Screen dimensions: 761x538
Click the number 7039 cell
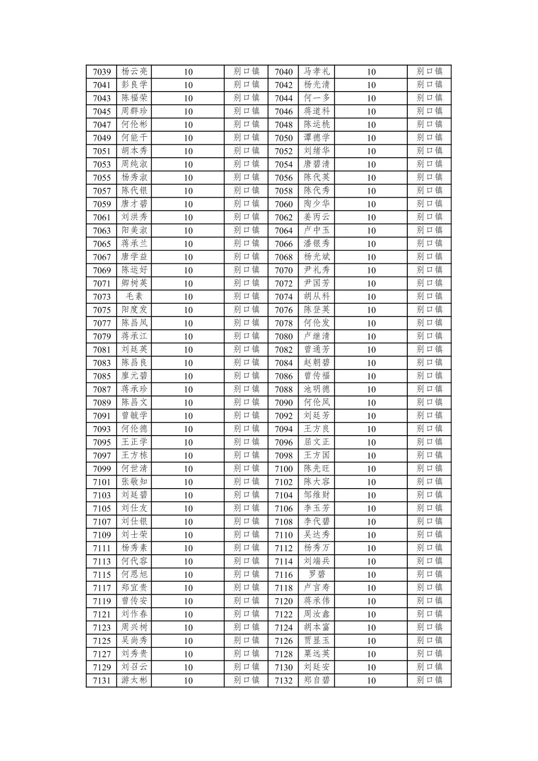[x=102, y=72]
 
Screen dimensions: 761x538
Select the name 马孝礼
[x=317, y=72]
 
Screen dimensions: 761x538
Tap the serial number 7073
[x=102, y=296]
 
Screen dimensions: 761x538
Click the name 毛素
[x=134, y=296]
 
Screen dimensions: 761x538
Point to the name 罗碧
[x=317, y=574]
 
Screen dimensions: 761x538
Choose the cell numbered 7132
[x=284, y=680]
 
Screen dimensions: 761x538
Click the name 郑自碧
[x=317, y=680]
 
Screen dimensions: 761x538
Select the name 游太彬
[x=134, y=680]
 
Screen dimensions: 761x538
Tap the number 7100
[x=284, y=469]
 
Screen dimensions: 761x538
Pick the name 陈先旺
[x=317, y=469]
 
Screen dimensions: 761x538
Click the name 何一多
[x=317, y=98]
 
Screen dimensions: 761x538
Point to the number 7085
[x=102, y=376]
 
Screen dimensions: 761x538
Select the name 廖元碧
[x=134, y=376]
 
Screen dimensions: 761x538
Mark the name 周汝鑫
[x=317, y=614]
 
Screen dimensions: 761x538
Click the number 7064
[x=284, y=230]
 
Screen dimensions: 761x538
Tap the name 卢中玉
[x=317, y=230]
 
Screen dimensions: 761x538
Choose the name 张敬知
[x=134, y=482]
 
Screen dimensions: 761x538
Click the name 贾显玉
[x=317, y=641]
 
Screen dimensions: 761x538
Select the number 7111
[x=102, y=548]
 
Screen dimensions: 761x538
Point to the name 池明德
[x=317, y=389]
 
